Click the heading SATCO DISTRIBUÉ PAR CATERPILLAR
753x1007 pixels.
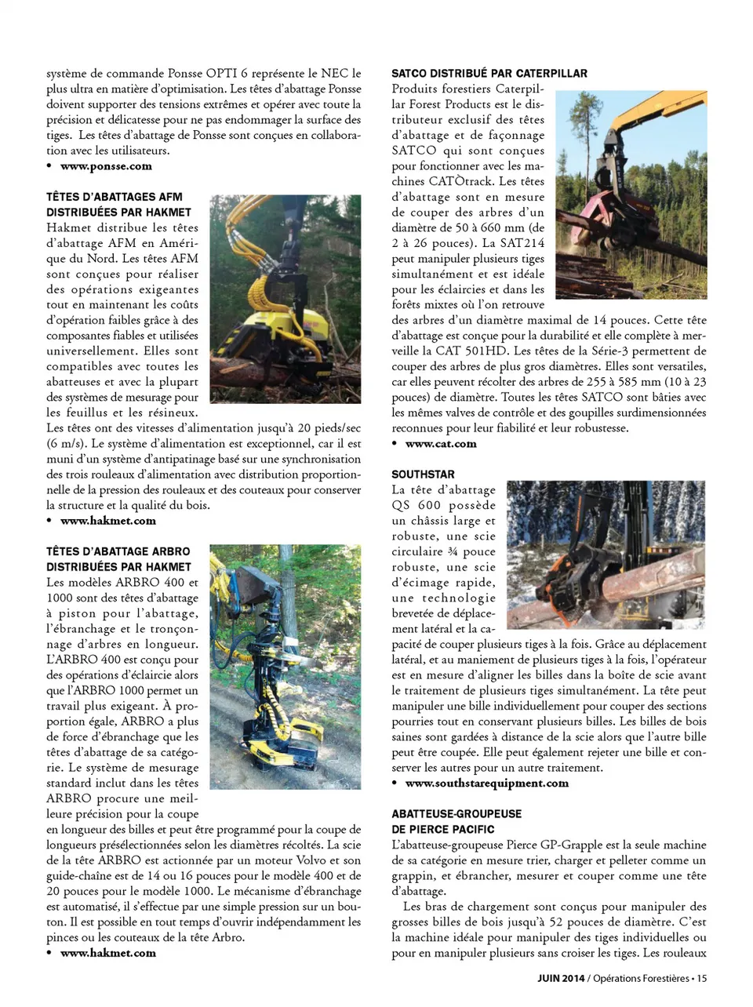pyautogui.click(x=489, y=73)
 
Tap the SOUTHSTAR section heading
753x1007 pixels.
pyautogui.click(x=423, y=474)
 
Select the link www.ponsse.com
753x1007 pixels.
pyautogui.click(x=106, y=166)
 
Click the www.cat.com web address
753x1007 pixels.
pyautogui.click(x=441, y=444)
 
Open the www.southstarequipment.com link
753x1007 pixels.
pyautogui.click(x=486, y=783)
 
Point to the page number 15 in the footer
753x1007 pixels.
pyautogui.click(x=701, y=978)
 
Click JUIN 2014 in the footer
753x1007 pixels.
pyautogui.click(x=561, y=978)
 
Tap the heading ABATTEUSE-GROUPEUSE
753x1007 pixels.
pyautogui.click(x=457, y=814)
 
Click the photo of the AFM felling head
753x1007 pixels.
pyautogui.click(x=285, y=299)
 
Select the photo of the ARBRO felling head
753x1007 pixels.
pyautogui.click(x=285, y=667)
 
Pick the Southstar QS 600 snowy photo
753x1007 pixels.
pyautogui.click(x=606, y=554)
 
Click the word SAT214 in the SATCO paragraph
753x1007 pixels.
pyautogui.click(x=524, y=243)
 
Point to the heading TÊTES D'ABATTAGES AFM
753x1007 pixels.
pyautogui.click(x=115, y=197)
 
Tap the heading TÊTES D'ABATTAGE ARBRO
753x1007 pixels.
pyautogui.click(x=118, y=551)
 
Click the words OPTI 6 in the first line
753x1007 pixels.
pyautogui.click(x=231, y=73)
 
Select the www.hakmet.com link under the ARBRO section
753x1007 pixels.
pyautogui.click(x=107, y=954)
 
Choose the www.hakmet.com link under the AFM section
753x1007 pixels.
pyautogui.click(x=107, y=521)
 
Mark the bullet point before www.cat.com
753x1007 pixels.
pyautogui.click(x=395, y=444)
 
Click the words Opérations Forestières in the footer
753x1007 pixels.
pyautogui.click(x=641, y=978)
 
